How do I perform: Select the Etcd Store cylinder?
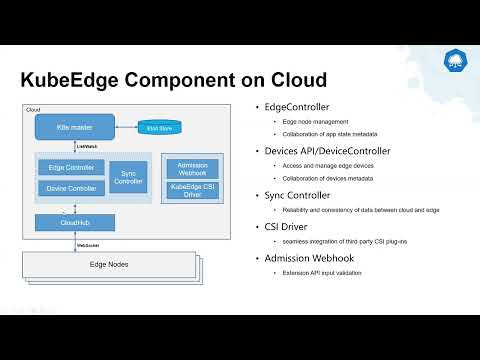[159, 127]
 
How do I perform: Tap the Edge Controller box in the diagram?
[70, 167]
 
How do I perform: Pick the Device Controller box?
[70, 187]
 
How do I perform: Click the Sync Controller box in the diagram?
[128, 177]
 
